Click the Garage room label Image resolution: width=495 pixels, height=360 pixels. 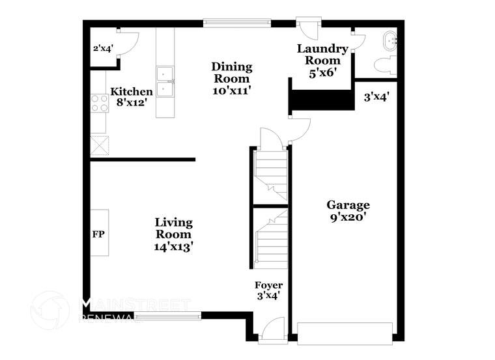(348, 205)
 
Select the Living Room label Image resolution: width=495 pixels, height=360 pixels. (173, 228)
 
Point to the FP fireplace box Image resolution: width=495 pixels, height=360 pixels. (99, 232)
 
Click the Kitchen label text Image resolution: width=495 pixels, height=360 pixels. (131, 92)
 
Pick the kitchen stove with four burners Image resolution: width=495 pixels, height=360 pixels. (99, 103)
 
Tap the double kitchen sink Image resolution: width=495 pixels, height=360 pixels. (165, 81)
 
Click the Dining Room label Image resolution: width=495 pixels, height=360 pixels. (232, 73)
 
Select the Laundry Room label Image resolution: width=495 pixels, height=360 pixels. (322, 55)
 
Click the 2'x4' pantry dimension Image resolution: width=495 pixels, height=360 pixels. (104, 48)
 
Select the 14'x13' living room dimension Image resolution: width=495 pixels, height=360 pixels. (173, 247)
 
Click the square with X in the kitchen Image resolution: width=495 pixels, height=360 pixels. (99, 144)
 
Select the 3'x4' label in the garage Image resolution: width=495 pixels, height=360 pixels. (376, 98)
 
